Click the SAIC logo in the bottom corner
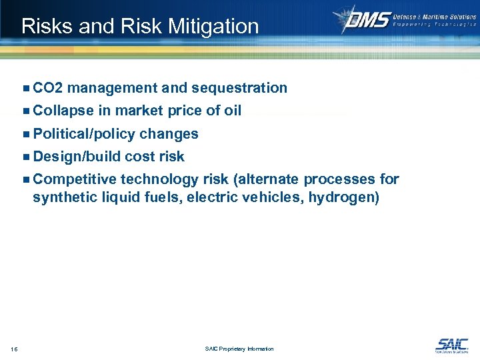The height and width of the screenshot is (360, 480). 451,345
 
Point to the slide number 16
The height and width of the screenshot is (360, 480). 14,349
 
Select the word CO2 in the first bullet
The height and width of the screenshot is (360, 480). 47,88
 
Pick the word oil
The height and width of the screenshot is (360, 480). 233,111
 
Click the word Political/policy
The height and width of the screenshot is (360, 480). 84,134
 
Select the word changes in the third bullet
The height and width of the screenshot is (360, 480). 169,134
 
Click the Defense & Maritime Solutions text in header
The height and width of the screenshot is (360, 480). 435,15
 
